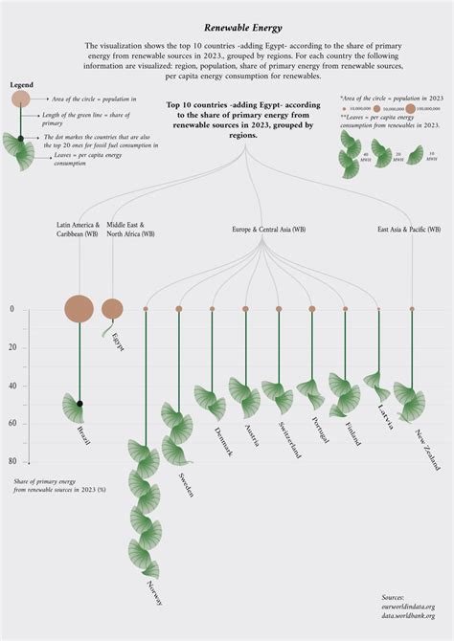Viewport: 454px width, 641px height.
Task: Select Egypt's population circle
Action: (x=112, y=308)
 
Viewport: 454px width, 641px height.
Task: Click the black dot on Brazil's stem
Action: (x=80, y=405)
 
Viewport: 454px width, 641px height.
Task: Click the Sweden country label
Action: (x=186, y=484)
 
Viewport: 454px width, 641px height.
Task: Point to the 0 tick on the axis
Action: (x=12, y=309)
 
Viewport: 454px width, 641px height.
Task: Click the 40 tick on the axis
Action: (x=12, y=386)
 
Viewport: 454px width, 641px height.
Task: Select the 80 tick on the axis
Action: (x=12, y=461)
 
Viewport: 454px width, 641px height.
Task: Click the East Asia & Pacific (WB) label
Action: (x=408, y=230)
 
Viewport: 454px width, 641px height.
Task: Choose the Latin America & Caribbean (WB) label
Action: (x=78, y=230)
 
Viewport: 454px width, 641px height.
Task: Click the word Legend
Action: (x=22, y=85)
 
